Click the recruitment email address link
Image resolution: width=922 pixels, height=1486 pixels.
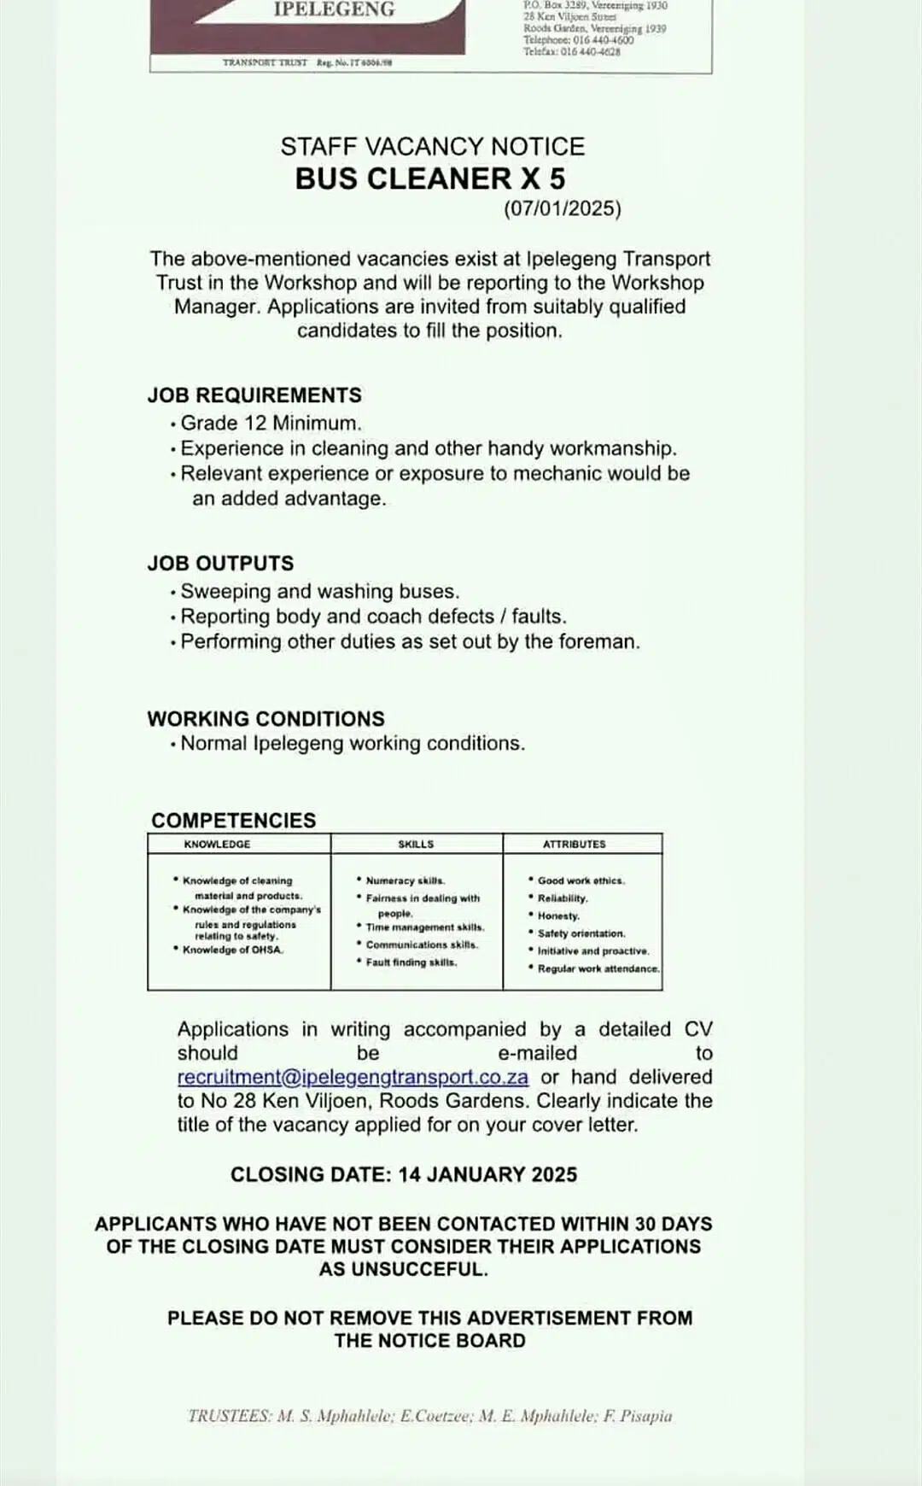tap(353, 1078)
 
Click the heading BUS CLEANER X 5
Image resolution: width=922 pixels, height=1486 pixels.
tap(430, 179)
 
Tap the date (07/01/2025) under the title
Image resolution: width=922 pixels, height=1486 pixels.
tap(562, 209)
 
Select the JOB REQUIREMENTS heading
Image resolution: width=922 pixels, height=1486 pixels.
tap(254, 395)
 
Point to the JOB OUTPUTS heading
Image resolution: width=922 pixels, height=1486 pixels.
tap(220, 564)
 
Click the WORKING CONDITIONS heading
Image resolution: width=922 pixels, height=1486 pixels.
tap(266, 719)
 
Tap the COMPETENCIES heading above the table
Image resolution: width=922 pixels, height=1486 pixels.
tap(233, 821)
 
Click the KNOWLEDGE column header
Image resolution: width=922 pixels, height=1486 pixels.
tap(218, 845)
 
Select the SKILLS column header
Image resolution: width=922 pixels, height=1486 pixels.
tap(416, 845)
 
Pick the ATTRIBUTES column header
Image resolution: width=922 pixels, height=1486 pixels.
tap(575, 845)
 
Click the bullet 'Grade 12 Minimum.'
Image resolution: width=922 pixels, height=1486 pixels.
tap(271, 424)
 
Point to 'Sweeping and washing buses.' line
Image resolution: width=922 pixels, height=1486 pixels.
tap(319, 592)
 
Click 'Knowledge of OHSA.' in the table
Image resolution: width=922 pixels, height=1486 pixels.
tap(232, 950)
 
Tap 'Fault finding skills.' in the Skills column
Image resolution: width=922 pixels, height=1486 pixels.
tap(411, 962)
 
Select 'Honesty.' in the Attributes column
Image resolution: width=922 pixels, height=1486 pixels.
tap(558, 916)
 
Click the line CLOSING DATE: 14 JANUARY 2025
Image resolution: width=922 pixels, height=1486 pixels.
tap(404, 1175)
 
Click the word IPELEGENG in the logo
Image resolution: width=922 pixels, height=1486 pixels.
tap(334, 10)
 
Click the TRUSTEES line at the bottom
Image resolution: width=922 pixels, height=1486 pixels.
tap(429, 1416)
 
